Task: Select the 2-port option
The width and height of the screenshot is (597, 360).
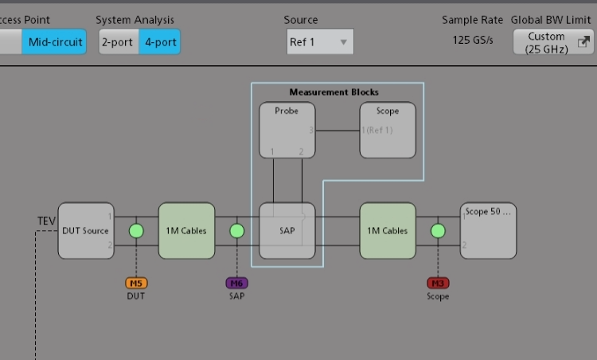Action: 118,42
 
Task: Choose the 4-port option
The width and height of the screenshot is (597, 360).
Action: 160,42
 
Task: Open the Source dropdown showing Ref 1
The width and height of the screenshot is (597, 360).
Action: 320,42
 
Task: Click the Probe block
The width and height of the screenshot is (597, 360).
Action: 287,130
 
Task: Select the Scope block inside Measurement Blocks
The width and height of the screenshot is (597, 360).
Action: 388,130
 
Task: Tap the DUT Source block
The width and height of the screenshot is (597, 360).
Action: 85,231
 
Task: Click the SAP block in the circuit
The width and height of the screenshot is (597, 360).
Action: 287,231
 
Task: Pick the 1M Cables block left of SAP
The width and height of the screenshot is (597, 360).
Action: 186,231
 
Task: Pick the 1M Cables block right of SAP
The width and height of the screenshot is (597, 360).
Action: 388,231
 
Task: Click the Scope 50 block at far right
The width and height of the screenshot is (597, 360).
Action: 489,231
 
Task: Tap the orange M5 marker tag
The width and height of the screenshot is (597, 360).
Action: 136,283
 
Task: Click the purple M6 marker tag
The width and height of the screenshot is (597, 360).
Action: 236,283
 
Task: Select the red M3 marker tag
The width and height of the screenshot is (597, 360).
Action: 438,283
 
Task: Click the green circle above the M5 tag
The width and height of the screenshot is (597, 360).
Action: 136,231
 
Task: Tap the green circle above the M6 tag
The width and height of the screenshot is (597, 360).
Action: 236,231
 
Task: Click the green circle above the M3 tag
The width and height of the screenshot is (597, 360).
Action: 438,231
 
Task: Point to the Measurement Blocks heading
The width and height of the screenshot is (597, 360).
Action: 334,92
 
